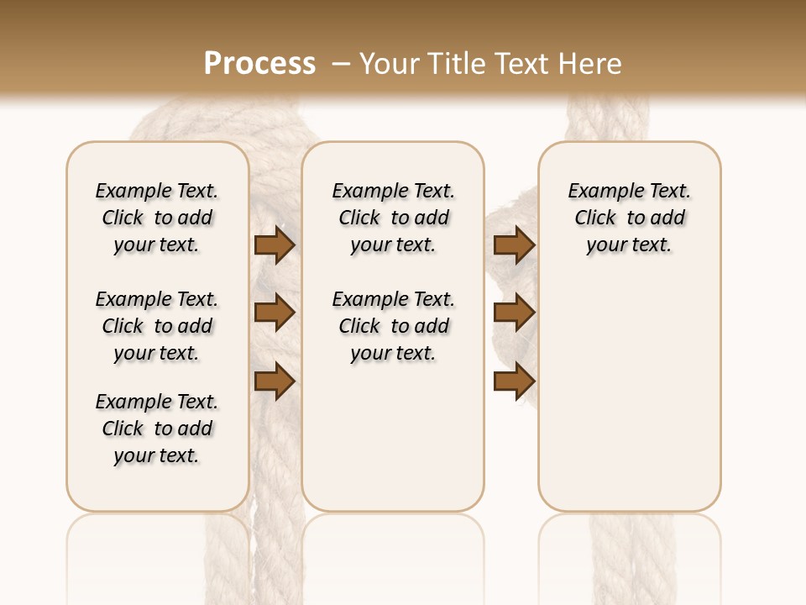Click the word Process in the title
(x=259, y=63)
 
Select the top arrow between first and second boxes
(x=275, y=245)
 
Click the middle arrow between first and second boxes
(x=275, y=313)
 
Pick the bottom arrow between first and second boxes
(x=275, y=381)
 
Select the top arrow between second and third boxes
(x=514, y=245)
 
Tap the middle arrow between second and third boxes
(x=514, y=313)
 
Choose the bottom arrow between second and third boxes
(x=514, y=381)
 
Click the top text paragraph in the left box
(x=157, y=218)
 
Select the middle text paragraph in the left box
(x=157, y=326)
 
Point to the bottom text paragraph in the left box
(x=157, y=429)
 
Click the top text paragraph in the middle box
(x=393, y=218)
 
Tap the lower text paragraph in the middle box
(x=393, y=326)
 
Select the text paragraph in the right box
(x=629, y=218)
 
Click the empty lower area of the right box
(x=629, y=395)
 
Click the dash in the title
(x=341, y=64)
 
